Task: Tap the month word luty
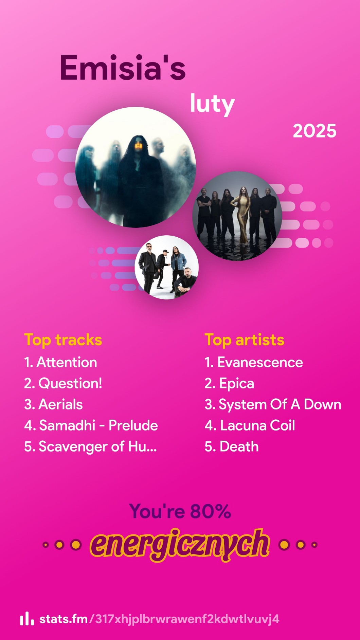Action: (212, 104)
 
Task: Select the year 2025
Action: (314, 131)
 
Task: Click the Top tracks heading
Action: (63, 340)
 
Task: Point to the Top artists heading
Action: (245, 340)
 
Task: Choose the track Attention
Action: (67, 362)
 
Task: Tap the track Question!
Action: (70, 384)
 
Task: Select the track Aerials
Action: (61, 404)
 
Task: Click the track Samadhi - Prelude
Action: (98, 425)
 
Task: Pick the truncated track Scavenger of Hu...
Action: (98, 447)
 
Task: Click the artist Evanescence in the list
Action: (260, 362)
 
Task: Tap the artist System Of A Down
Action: (280, 405)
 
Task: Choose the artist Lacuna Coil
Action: (258, 425)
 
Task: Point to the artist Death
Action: (239, 446)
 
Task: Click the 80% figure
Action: (211, 511)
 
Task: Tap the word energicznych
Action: (180, 544)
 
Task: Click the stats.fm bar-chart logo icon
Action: (27, 619)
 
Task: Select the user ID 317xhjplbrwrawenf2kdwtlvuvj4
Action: (187, 619)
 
